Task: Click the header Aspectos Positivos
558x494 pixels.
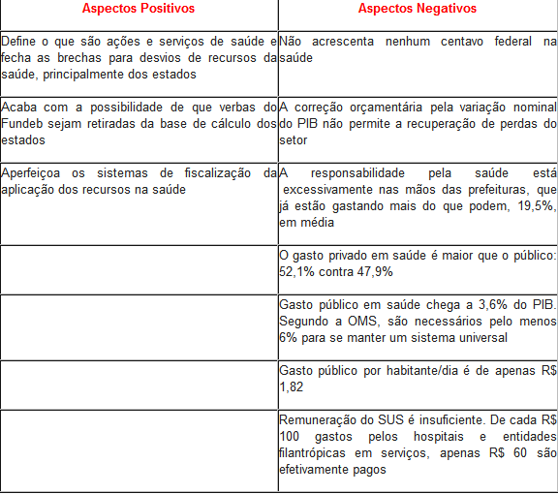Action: (138, 9)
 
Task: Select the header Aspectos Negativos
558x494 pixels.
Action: (417, 9)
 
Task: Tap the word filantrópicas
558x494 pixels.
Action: (314, 452)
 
